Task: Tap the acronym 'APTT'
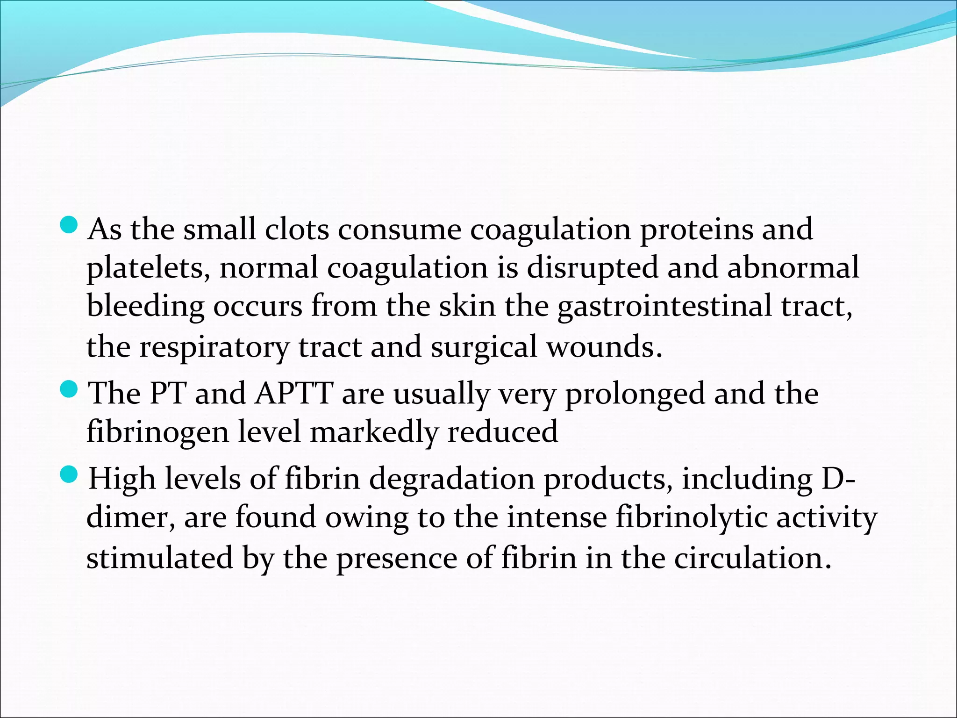pyautogui.click(x=294, y=393)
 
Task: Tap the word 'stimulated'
pyautogui.click(x=159, y=558)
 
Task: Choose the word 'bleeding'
pyautogui.click(x=145, y=308)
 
